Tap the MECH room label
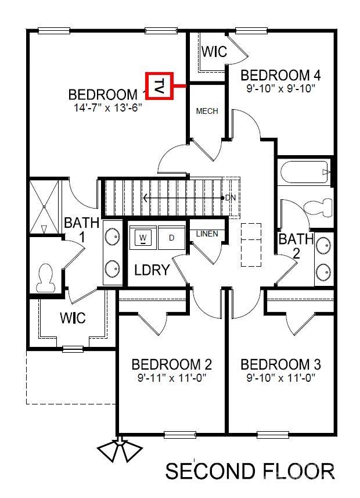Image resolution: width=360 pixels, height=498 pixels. [207, 111]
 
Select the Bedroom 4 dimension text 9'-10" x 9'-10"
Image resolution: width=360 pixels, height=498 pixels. [280, 89]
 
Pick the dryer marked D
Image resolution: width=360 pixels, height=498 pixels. [171, 238]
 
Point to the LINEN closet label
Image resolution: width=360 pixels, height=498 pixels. [207, 234]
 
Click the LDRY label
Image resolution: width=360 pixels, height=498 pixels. [152, 270]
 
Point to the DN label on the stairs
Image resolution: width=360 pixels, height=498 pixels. [231, 198]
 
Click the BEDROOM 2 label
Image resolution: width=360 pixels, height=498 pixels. [171, 364]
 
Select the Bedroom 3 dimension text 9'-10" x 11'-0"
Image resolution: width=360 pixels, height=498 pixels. [280, 378]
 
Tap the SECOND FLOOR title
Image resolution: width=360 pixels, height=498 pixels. [250, 471]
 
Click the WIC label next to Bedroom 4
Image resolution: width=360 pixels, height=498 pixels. [214, 52]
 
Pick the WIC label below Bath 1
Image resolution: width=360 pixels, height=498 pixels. [73, 318]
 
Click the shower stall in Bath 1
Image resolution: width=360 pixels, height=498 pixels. [45, 206]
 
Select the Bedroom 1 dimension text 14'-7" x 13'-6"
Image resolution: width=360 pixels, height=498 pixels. [105, 108]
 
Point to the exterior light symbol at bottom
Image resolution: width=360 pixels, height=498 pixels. [120, 450]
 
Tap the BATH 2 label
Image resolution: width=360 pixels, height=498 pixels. [296, 245]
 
